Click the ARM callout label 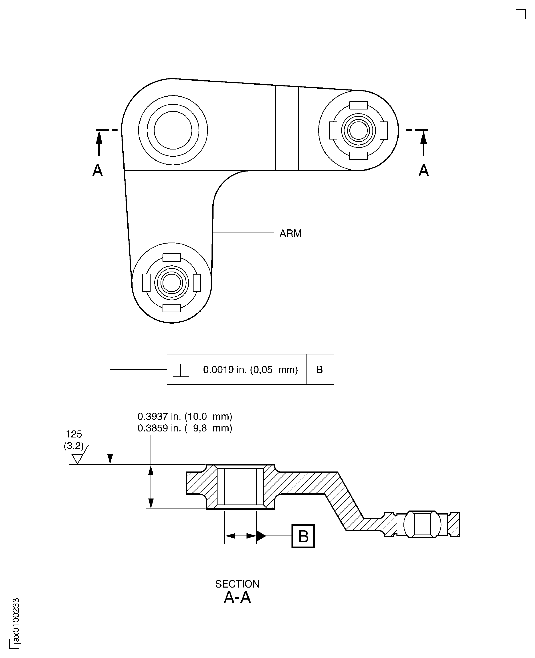pos(290,233)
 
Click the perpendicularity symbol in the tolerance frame pos(180,370)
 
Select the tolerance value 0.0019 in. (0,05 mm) pos(250,370)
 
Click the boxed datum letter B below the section pos(303,536)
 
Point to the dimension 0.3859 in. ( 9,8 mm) pos(185,428)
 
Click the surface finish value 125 pos(74,434)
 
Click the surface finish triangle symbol pos(77,459)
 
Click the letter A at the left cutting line pos(97,170)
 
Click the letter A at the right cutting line pos(424,170)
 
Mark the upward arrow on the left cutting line pos(99,142)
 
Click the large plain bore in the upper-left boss pos(173,130)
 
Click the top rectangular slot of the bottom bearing pos(172,258)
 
